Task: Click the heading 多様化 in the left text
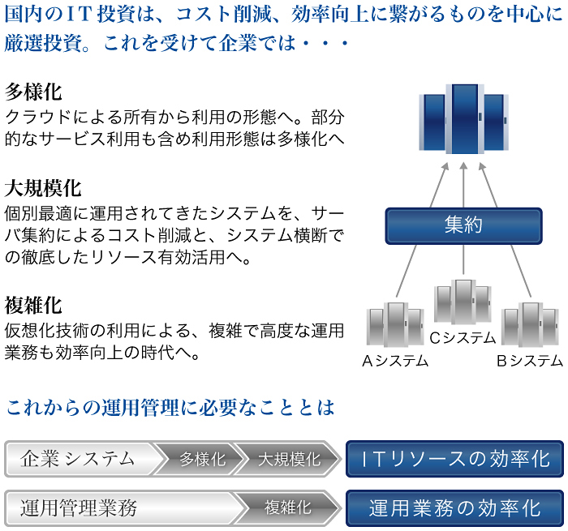(33, 91)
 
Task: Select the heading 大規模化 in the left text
(43, 189)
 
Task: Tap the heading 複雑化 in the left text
(33, 306)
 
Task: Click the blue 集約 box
(463, 225)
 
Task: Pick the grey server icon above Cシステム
(463, 302)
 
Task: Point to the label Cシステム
(463, 337)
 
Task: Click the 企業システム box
(79, 459)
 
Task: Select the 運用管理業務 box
(79, 508)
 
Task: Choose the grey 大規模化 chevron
(289, 460)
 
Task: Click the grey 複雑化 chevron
(289, 508)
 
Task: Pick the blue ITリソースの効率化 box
(455, 460)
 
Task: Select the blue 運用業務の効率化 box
(455, 508)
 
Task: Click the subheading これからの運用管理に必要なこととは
(170, 406)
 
